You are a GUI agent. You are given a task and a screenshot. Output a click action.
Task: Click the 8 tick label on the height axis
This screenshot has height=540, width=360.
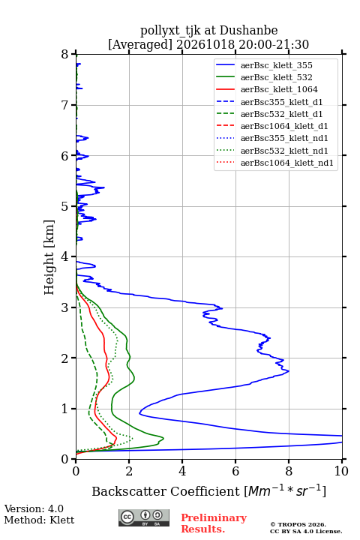coord(65,54)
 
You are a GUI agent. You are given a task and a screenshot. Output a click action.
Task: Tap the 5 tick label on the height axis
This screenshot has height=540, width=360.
coord(65,206)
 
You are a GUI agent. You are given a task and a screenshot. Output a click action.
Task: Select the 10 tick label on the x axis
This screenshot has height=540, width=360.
coord(341,471)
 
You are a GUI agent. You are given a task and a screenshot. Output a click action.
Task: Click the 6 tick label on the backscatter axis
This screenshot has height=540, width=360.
coord(235,471)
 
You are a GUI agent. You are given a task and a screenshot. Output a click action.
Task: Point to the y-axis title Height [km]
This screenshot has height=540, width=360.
coord(49,257)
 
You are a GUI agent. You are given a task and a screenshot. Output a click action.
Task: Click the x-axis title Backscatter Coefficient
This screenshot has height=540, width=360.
coord(166,491)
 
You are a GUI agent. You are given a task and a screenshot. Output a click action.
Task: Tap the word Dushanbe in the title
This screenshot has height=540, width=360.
coord(248,30)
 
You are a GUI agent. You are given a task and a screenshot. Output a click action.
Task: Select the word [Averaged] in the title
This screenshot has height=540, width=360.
coord(140,44)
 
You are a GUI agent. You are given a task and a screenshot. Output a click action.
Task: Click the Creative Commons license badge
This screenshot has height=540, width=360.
coord(144,517)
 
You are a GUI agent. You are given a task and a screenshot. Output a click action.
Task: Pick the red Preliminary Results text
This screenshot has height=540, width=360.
coord(214,523)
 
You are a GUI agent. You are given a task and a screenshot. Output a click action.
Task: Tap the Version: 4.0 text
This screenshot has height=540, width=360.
coord(34,508)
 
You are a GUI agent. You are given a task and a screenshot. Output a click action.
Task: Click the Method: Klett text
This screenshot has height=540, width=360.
coord(39,520)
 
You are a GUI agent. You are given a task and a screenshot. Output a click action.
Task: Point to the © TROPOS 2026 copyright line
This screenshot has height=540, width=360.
coord(298,524)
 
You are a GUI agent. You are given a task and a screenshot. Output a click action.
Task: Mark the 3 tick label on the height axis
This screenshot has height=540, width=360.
coord(65,307)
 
